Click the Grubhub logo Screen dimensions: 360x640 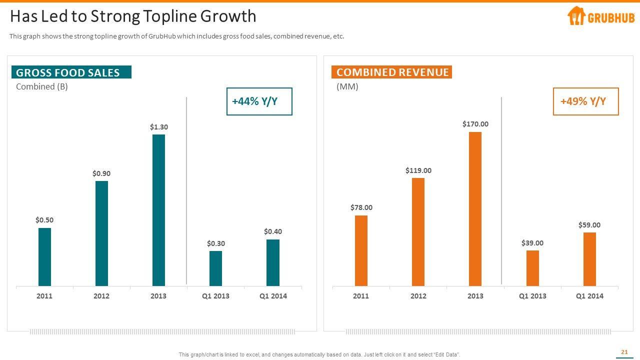[600, 16]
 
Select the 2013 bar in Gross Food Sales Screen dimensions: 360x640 [158, 210]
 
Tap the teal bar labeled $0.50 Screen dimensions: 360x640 [44, 257]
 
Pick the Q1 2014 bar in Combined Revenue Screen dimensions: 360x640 [589, 259]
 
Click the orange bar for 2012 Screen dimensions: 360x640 [418, 232]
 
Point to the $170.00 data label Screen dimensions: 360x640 [475, 124]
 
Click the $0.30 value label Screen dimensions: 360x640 [215, 243]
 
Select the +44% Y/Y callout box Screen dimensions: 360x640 [259, 101]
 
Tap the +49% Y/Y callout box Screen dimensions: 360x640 [585, 101]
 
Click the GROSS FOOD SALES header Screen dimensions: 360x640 [71, 72]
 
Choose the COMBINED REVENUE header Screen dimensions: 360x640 [391, 72]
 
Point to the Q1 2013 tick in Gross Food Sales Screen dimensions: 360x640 [215, 296]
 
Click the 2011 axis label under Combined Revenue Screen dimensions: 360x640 [360, 296]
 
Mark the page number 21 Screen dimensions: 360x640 [624, 352]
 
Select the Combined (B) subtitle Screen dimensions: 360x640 [42, 86]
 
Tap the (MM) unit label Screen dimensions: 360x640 [347, 86]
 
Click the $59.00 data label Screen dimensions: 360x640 [589, 225]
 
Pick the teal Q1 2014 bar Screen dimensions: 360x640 [272, 262]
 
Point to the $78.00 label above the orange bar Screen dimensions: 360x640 [361, 207]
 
